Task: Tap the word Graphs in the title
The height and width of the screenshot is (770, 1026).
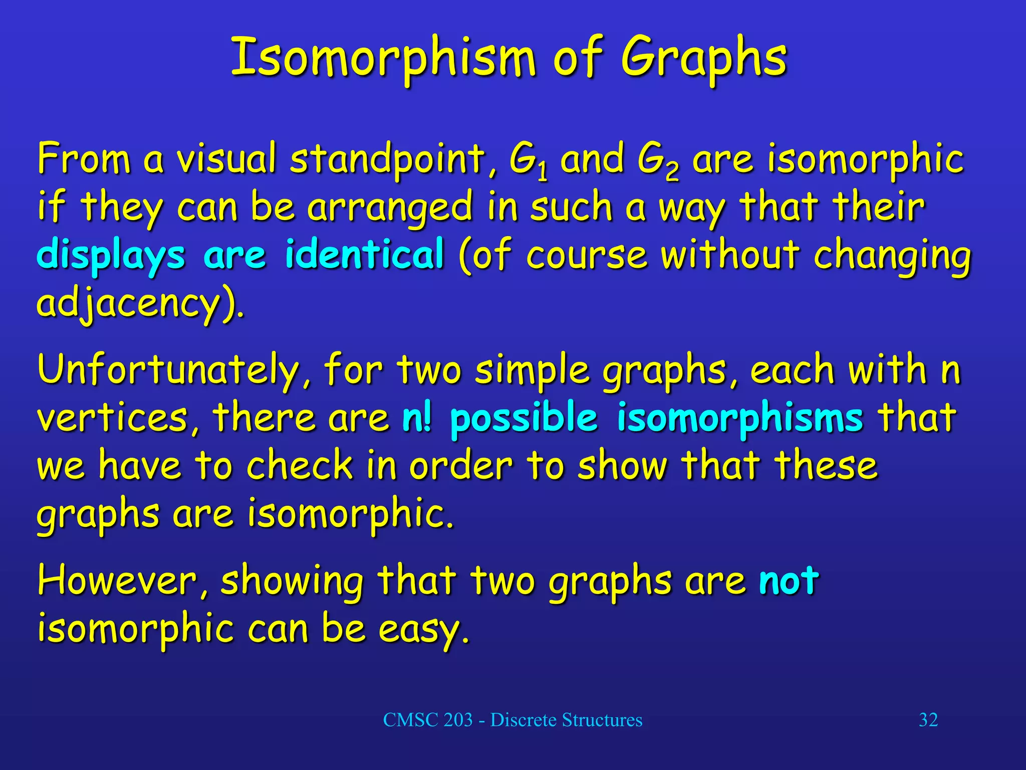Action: point(703,59)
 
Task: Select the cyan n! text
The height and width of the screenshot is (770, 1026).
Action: point(416,418)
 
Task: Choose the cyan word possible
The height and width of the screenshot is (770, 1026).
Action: point(524,418)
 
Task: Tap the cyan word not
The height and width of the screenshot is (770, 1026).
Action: point(789,581)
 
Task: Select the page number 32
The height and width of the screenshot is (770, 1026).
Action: point(928,720)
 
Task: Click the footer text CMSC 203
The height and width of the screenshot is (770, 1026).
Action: point(428,720)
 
